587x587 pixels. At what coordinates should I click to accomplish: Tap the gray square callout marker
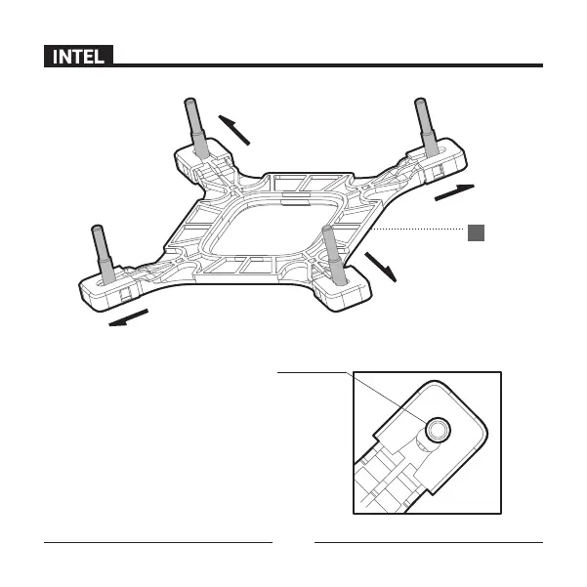[x=475, y=231]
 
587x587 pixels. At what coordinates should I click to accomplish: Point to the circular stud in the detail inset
[x=435, y=427]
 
